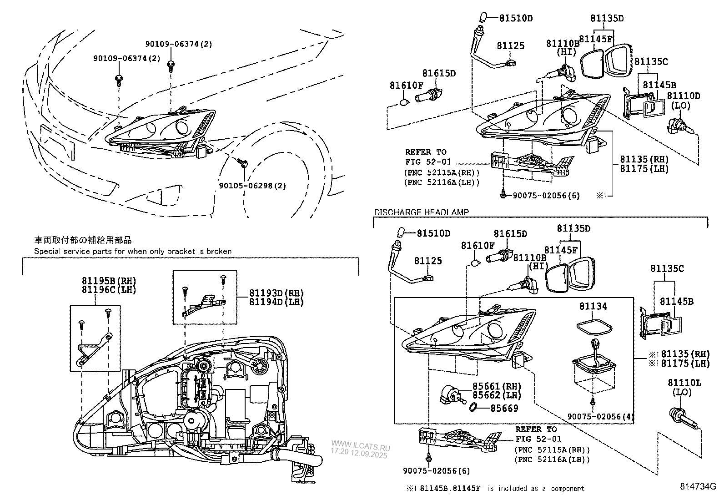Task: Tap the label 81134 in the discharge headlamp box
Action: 593,307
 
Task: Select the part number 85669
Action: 504,408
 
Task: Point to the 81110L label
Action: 684,384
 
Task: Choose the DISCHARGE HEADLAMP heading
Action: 421,212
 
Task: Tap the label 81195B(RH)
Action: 109,281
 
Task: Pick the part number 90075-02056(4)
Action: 600,416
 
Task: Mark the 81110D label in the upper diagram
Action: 683,96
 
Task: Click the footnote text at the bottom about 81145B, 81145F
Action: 496,489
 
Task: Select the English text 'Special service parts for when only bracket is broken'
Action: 133,251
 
